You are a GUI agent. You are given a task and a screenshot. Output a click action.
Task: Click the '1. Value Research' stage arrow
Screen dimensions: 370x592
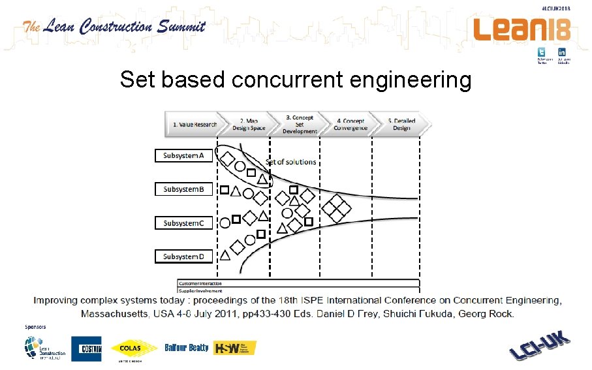click(194, 124)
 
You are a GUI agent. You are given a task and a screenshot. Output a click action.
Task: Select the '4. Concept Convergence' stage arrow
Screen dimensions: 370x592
click(351, 124)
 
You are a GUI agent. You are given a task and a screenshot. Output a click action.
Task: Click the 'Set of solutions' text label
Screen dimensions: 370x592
click(290, 162)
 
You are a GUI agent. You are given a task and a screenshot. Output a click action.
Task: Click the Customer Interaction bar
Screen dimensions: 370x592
click(298, 283)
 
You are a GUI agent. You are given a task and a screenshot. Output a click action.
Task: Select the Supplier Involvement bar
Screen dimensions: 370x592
click(298, 290)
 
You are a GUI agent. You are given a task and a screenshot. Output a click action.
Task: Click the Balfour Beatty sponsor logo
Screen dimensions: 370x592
click(187, 348)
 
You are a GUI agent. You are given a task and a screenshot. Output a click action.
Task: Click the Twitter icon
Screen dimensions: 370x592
click(541, 52)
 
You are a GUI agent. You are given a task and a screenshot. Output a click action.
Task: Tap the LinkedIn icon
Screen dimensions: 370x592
click(561, 52)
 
